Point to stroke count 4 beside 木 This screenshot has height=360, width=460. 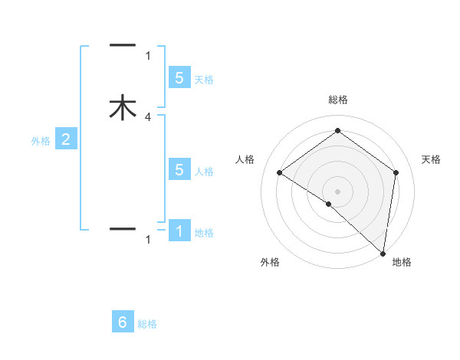pyautogui.click(x=148, y=117)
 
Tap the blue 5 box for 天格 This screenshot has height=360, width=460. pyautogui.click(x=179, y=77)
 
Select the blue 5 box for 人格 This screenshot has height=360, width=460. pyautogui.click(x=179, y=169)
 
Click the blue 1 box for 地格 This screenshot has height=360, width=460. pyautogui.click(x=179, y=231)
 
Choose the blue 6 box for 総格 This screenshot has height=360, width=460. pyautogui.click(x=123, y=322)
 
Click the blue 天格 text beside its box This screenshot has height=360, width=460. pyautogui.click(x=204, y=79)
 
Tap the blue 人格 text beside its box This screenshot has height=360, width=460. pyautogui.click(x=204, y=171)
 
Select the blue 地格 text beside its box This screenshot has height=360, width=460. pyautogui.click(x=204, y=232)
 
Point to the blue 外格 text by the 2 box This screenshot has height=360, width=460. pyautogui.click(x=40, y=140)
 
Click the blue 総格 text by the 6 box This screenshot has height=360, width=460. pyautogui.click(x=147, y=324)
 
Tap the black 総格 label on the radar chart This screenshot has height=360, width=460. pyautogui.click(x=338, y=100)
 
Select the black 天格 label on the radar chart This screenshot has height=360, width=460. pyautogui.click(x=432, y=159)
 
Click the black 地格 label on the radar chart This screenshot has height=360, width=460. pyautogui.click(x=402, y=262)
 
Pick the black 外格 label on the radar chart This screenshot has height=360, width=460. pyautogui.click(x=270, y=262)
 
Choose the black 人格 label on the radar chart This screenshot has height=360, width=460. pyautogui.click(x=245, y=159)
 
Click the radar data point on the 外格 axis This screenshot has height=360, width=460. pyautogui.click(x=329, y=204)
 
